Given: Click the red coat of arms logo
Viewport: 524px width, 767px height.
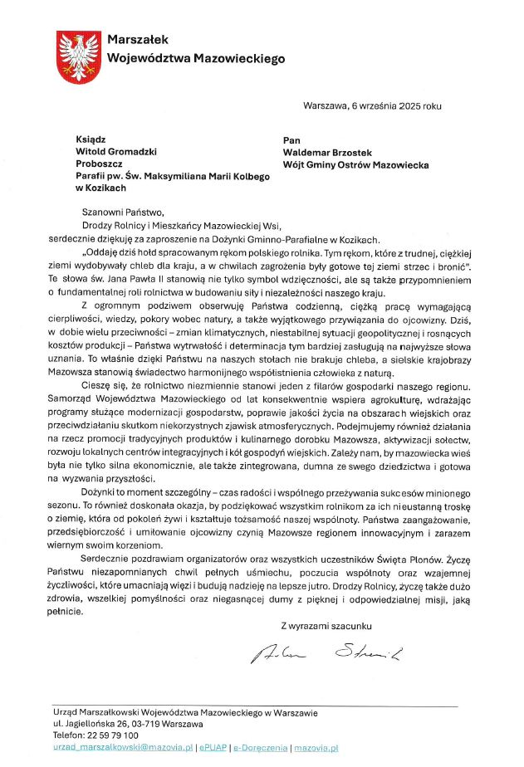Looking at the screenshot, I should tap(78, 55).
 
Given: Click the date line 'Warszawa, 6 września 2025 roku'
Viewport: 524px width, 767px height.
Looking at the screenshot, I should tap(373, 106).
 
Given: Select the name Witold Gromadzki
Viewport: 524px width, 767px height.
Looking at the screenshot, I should tap(116, 152).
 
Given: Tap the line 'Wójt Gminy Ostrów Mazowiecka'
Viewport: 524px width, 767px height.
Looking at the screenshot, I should tap(356, 165).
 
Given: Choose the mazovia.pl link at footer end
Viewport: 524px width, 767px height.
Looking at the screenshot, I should tap(316, 748).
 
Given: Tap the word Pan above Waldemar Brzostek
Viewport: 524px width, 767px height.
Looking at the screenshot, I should tap(291, 139).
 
